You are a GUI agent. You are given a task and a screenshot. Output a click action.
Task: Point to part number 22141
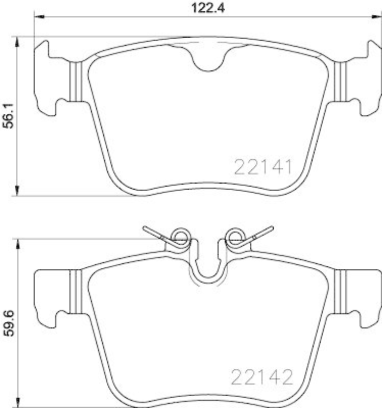click(262, 167)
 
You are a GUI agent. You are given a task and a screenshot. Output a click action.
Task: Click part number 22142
click(262, 378)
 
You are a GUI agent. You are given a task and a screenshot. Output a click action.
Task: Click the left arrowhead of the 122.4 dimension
click(37, 18)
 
